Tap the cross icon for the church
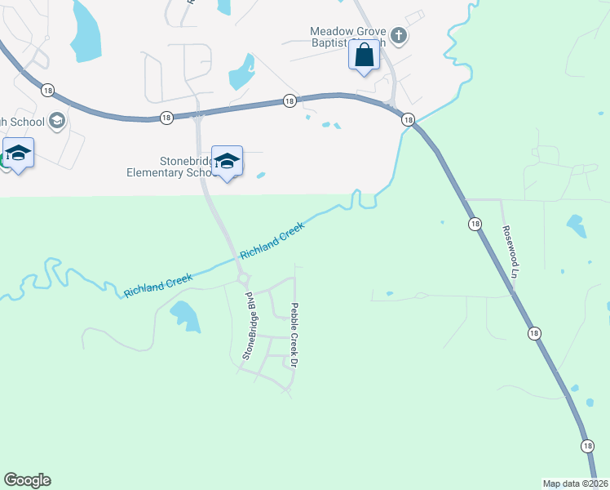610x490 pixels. pyautogui.click(x=398, y=35)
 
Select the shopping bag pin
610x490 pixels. pyautogui.click(x=365, y=56)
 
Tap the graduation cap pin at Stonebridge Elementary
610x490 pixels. pyautogui.click(x=227, y=160)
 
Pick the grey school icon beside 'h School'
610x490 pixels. pyautogui.click(x=56, y=122)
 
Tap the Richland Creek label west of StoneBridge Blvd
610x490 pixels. pyautogui.click(x=158, y=285)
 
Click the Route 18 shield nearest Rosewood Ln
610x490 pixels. pyautogui.click(x=474, y=223)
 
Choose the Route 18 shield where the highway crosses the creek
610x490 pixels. pyautogui.click(x=408, y=119)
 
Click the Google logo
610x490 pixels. pyautogui.click(x=27, y=480)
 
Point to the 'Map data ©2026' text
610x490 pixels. pyautogui.click(x=575, y=483)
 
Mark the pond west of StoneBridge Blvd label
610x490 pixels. pyautogui.click(x=185, y=315)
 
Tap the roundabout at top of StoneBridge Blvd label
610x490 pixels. pyautogui.click(x=243, y=280)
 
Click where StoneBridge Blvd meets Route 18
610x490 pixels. pyautogui.click(x=197, y=114)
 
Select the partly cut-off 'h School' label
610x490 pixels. pyautogui.click(x=23, y=122)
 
